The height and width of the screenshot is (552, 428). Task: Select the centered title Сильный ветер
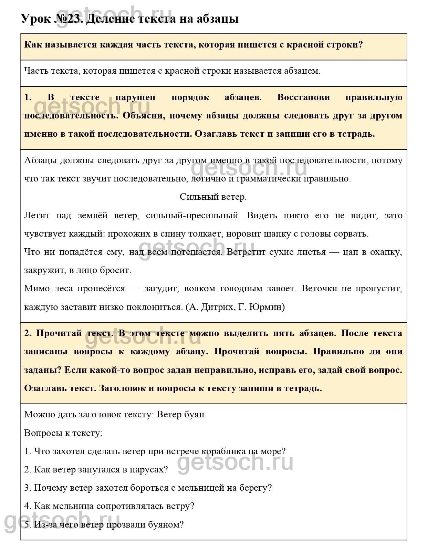(213, 197)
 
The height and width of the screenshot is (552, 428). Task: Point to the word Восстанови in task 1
(303, 97)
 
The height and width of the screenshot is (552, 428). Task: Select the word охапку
(386, 252)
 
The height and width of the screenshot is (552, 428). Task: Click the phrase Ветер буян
(181, 414)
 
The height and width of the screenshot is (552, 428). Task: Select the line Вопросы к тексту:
(63, 433)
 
